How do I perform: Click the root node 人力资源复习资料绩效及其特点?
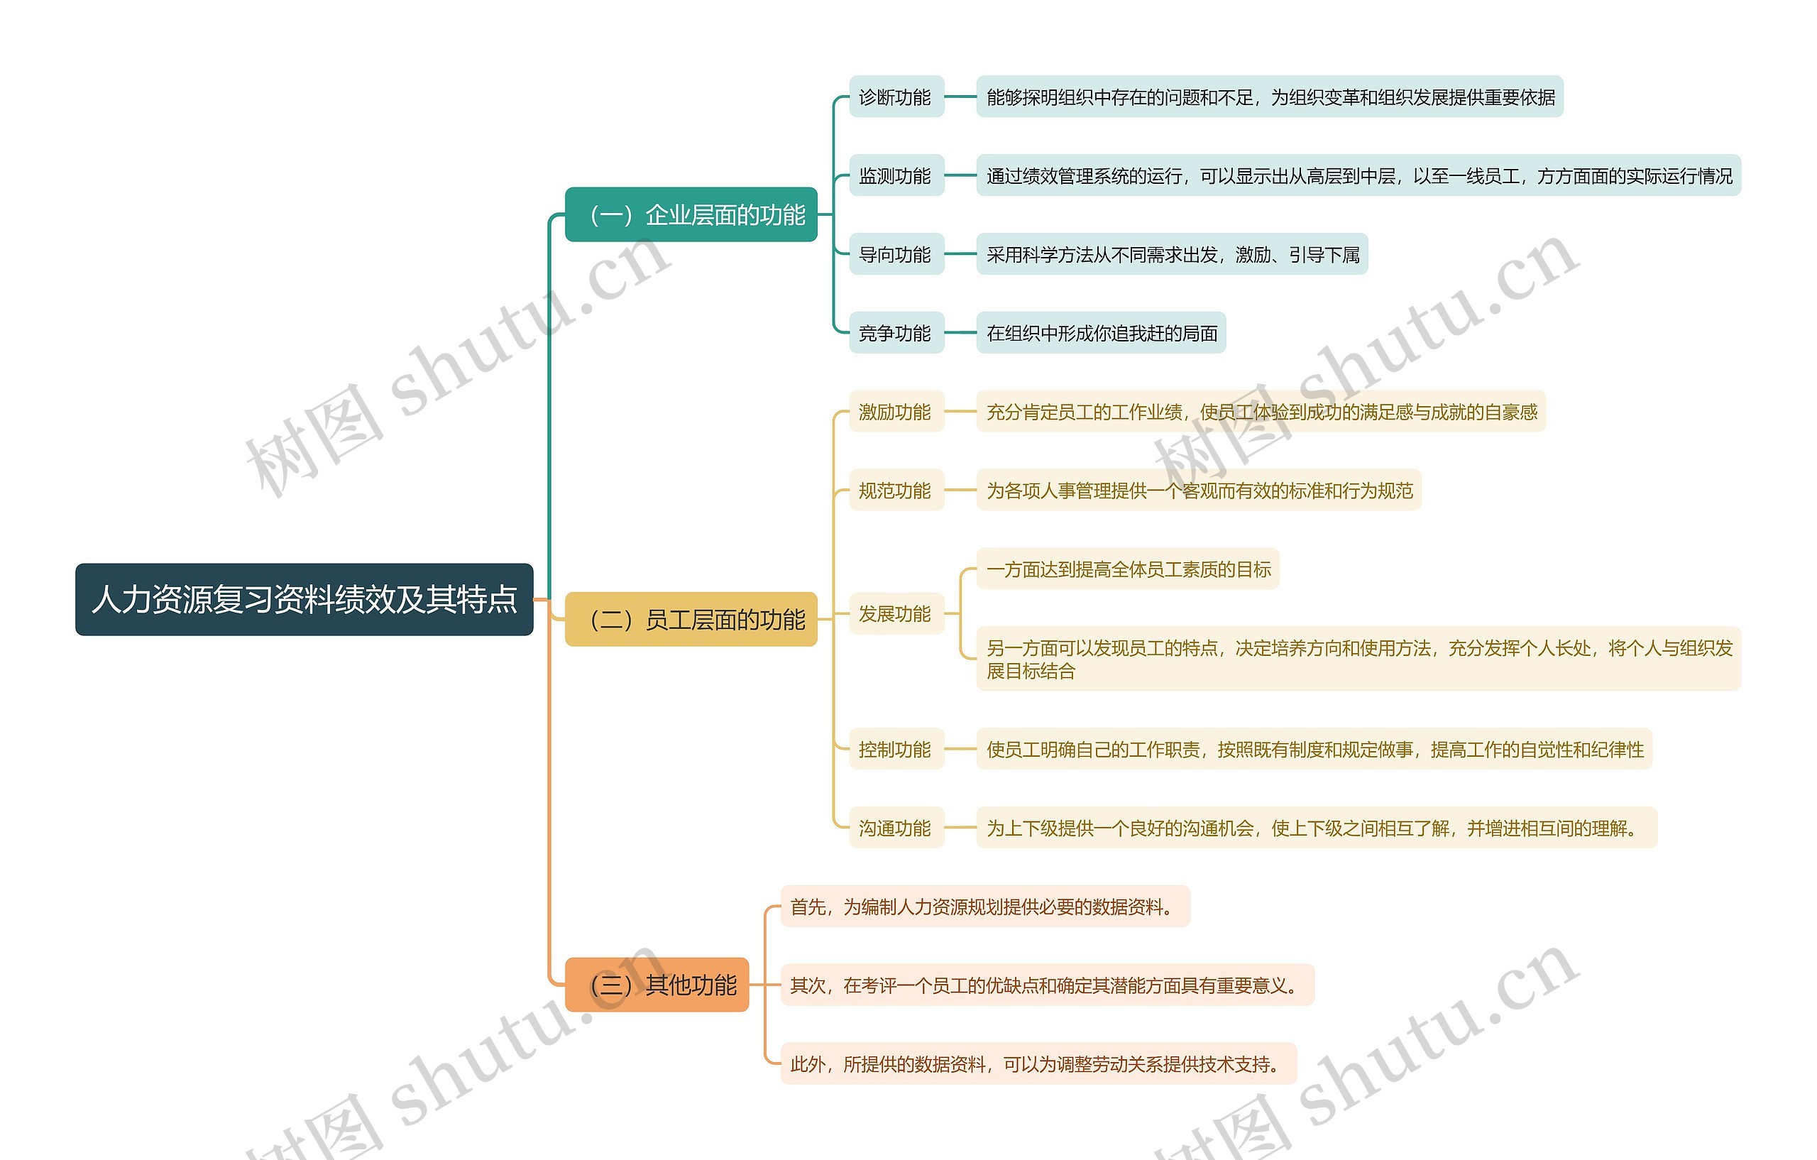[304, 599]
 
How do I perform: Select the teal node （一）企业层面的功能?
[691, 215]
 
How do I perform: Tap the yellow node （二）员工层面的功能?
[691, 620]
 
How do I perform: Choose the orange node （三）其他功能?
[657, 985]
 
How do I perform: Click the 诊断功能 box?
[896, 97]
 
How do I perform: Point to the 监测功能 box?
[896, 176]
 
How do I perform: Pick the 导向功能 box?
[896, 254]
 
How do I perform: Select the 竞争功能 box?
[896, 333]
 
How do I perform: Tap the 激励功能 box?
[896, 412]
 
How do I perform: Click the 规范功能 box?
[896, 491]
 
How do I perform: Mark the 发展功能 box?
[896, 613]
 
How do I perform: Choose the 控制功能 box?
[896, 750]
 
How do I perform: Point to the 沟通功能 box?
[896, 828]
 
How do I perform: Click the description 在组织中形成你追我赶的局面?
[1101, 333]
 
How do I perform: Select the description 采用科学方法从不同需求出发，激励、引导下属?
[1172, 254]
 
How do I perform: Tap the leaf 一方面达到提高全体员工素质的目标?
[1127, 569]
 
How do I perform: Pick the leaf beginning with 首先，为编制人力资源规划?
[984, 907]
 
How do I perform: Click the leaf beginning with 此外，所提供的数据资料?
[1038, 1064]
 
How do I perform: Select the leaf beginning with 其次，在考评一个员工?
[1047, 985]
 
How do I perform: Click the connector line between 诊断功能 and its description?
[960, 97]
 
